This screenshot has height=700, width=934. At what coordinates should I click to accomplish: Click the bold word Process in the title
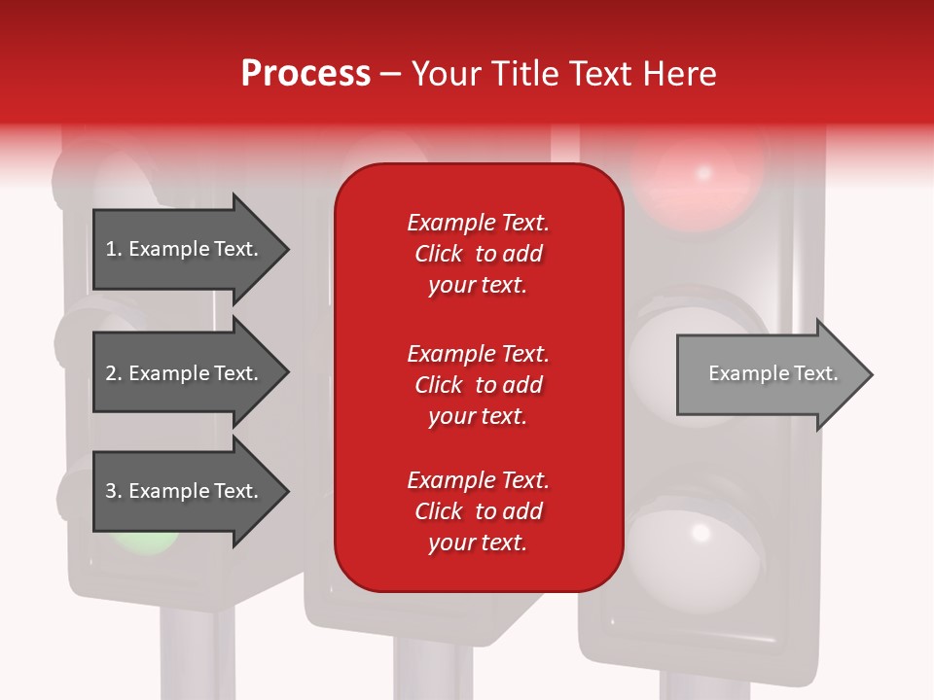pyautogui.click(x=305, y=74)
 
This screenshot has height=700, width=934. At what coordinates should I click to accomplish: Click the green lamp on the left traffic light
pyautogui.click(x=144, y=537)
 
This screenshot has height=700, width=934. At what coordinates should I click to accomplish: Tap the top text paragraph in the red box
pyautogui.click(x=478, y=254)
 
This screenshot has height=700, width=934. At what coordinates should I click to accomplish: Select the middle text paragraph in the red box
pyautogui.click(x=478, y=385)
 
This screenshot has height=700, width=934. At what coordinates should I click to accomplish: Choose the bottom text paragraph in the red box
pyautogui.click(x=478, y=511)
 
